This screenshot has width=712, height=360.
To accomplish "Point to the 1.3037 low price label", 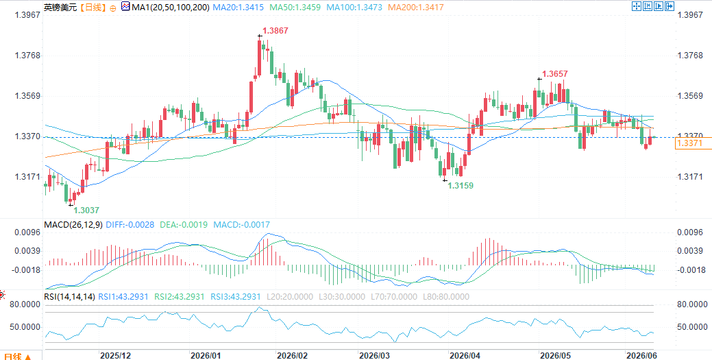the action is point(86,211).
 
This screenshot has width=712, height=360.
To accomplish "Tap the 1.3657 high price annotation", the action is point(555,73).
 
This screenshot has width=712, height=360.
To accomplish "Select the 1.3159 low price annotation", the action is point(461,185).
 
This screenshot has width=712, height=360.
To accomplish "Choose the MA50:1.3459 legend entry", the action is point(295,8).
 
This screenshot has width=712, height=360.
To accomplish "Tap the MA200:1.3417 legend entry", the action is point(416,8).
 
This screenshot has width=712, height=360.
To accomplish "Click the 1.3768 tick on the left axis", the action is point(27,56).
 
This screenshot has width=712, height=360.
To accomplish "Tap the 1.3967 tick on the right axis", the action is point(690,15).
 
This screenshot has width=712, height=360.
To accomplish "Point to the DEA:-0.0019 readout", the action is point(184,224).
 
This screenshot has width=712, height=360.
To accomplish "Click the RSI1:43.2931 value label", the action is point(123,297).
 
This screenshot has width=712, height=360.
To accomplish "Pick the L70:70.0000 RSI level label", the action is point(391,297).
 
